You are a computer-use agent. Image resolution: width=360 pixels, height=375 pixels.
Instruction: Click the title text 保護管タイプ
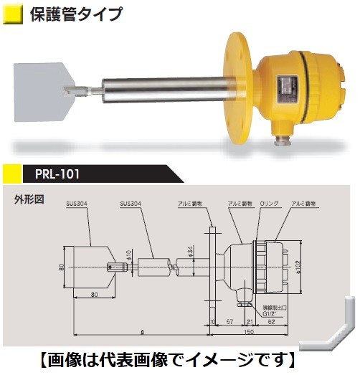[76, 14]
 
